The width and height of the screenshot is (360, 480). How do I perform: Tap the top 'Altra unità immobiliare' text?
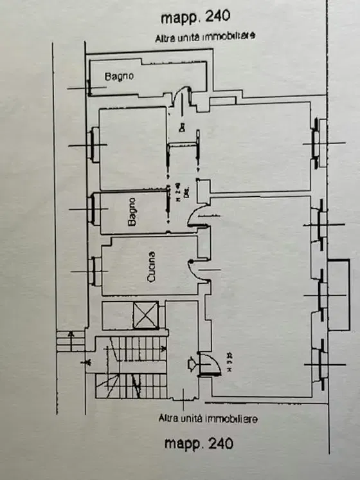click(x=205, y=37)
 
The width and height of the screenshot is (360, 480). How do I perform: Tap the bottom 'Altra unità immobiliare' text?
click(x=208, y=418)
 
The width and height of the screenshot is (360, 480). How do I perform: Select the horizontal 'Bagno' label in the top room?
click(x=119, y=77)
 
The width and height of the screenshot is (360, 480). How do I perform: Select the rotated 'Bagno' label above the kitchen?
click(x=132, y=212)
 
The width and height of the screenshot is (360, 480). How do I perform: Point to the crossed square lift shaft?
click(x=145, y=315)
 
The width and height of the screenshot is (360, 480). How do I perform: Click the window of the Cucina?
click(x=95, y=271)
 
